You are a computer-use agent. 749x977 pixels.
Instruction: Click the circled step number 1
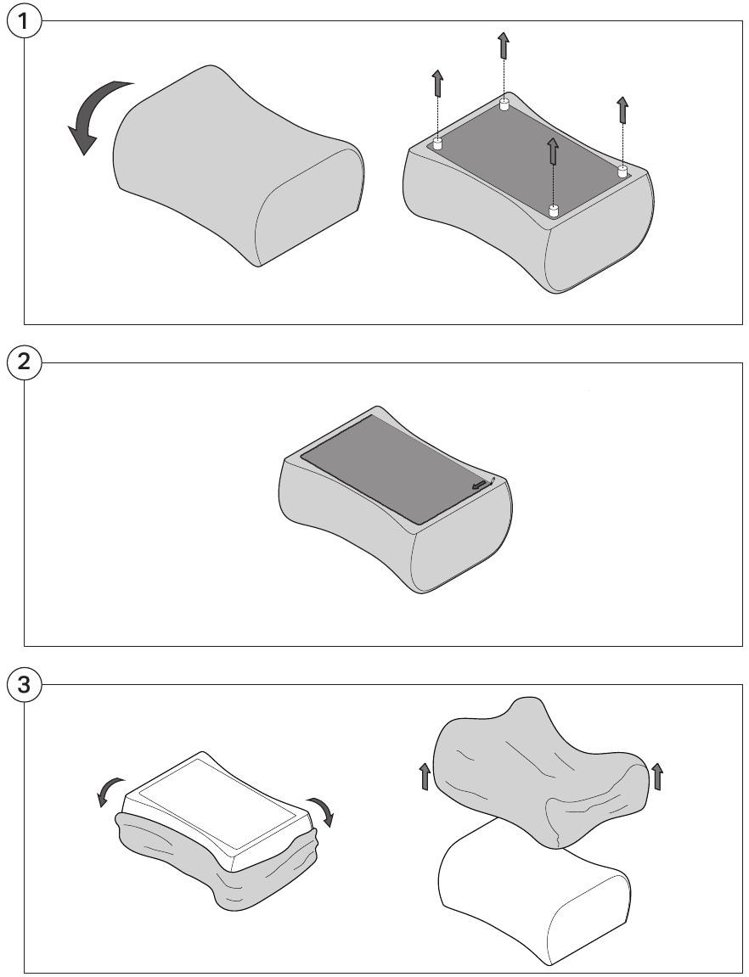coord(25,21)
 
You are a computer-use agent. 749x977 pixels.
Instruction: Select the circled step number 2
coord(25,362)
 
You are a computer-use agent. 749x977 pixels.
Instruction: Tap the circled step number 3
coord(25,685)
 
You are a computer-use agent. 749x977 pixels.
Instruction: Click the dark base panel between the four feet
coord(528,158)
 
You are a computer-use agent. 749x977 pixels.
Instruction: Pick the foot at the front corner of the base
coord(554,211)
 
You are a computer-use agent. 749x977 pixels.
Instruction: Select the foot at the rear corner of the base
coord(504,104)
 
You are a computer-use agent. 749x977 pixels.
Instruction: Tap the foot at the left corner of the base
coord(437,144)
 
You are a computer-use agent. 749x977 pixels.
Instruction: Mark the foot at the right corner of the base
coord(622,171)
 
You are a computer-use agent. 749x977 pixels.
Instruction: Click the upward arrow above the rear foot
coord(504,46)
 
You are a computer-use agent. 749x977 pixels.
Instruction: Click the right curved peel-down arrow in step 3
coord(322,809)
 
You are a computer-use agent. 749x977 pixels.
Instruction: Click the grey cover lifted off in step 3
coord(541,772)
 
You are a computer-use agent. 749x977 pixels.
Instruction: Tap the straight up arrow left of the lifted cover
coord(425,777)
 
